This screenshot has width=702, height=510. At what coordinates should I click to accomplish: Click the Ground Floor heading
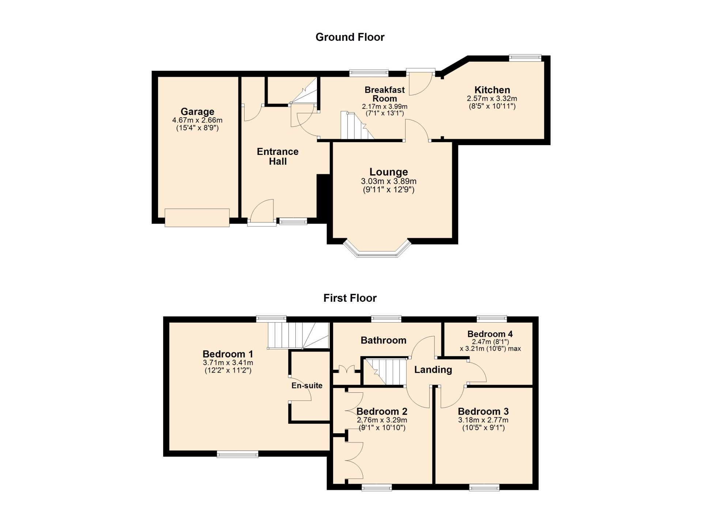[x=350, y=37]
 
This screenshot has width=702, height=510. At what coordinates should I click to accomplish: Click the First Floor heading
[x=350, y=298]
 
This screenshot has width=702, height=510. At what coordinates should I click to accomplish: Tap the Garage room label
[x=197, y=111]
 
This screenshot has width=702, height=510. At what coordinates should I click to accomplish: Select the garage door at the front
[x=197, y=218]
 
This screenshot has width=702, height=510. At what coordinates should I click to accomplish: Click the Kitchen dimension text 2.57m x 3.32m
[x=492, y=99]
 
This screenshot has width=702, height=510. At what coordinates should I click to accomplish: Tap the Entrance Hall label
[x=278, y=156]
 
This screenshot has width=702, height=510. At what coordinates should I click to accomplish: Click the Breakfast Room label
[x=385, y=94]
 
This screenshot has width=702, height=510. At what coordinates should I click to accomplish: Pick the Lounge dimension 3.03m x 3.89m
[x=389, y=181]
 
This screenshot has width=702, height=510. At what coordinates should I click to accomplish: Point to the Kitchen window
[x=525, y=57]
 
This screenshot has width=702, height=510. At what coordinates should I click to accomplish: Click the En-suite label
[x=307, y=385]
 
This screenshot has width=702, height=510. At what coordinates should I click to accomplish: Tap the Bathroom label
[x=384, y=340]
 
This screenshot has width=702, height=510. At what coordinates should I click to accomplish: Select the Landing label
[x=433, y=370]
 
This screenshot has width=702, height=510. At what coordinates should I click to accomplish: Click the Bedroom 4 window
[x=492, y=319]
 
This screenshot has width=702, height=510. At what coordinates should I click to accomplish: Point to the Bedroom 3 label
[x=483, y=411]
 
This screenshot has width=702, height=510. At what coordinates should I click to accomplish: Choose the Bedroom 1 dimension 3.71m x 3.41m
[x=228, y=363]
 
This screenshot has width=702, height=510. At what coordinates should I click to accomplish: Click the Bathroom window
[x=386, y=319]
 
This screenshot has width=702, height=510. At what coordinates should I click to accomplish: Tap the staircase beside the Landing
[x=386, y=372]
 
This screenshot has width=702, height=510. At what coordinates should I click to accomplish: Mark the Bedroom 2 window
[x=377, y=487]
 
